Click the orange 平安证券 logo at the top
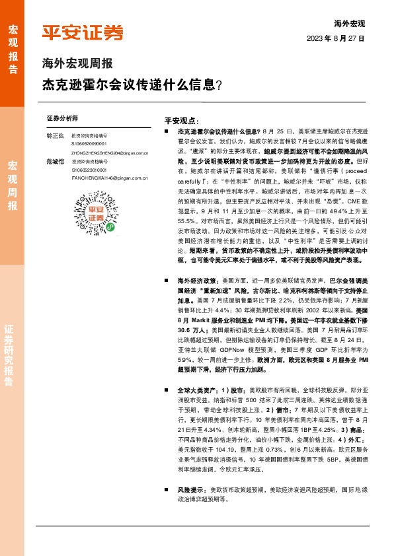[x=82, y=33]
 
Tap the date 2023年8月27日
[x=336, y=38]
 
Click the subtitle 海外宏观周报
[x=77, y=64]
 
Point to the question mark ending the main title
[x=219, y=85]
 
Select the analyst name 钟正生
[x=55, y=135]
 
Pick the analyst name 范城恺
[x=55, y=161]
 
